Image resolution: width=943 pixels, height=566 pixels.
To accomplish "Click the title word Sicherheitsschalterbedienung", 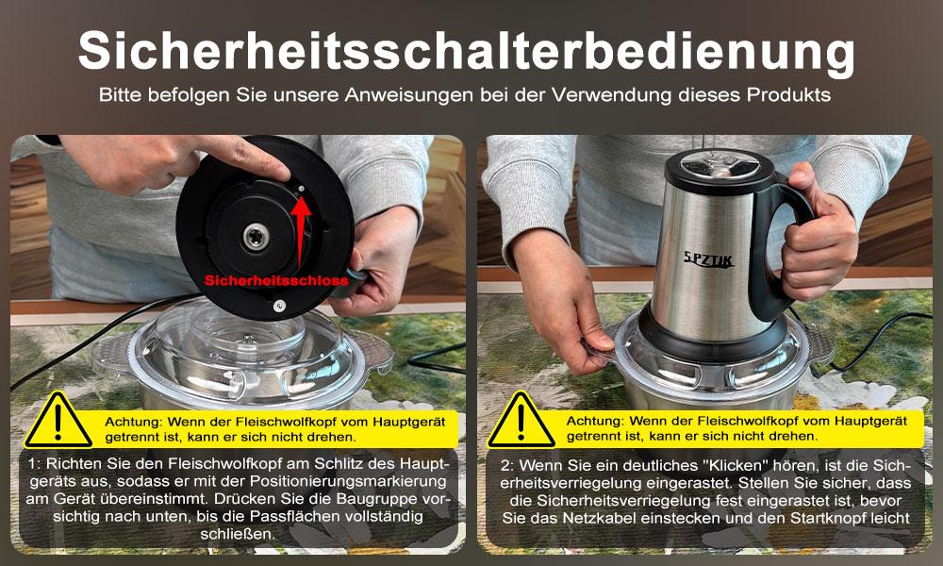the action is (466, 52).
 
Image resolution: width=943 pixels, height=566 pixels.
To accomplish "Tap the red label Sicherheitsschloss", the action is (276, 280).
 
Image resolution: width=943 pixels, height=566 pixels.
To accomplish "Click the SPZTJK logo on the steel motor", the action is (708, 259).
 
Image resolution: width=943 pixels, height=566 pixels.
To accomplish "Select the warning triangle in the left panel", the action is (58, 421).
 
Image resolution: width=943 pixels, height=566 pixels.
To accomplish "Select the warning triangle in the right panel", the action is (521, 421).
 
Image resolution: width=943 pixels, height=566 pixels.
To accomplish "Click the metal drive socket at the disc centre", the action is (256, 235).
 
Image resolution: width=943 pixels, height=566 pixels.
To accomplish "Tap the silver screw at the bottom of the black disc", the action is (279, 306).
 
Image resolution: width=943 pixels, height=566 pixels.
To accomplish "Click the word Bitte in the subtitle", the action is (120, 95).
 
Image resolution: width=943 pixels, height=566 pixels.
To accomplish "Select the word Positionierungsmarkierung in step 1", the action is (348, 481).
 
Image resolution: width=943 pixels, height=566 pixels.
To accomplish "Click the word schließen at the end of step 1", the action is (238, 534).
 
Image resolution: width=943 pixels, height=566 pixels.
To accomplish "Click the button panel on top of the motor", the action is (719, 162).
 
